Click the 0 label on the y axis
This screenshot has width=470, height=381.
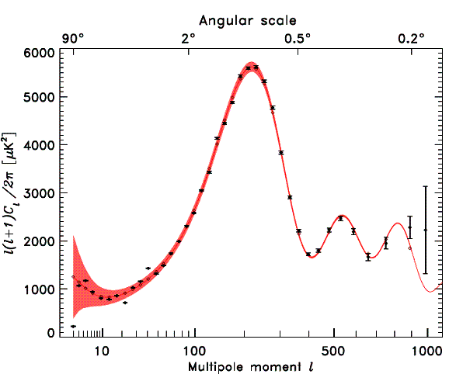[x=51, y=333]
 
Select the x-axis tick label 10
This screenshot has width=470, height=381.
[x=101, y=350]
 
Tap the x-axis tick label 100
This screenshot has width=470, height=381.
[x=194, y=350]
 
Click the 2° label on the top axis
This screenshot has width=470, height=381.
[x=188, y=37]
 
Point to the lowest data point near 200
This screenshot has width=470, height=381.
[x=73, y=327]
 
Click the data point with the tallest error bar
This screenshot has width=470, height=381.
[x=425, y=230]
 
